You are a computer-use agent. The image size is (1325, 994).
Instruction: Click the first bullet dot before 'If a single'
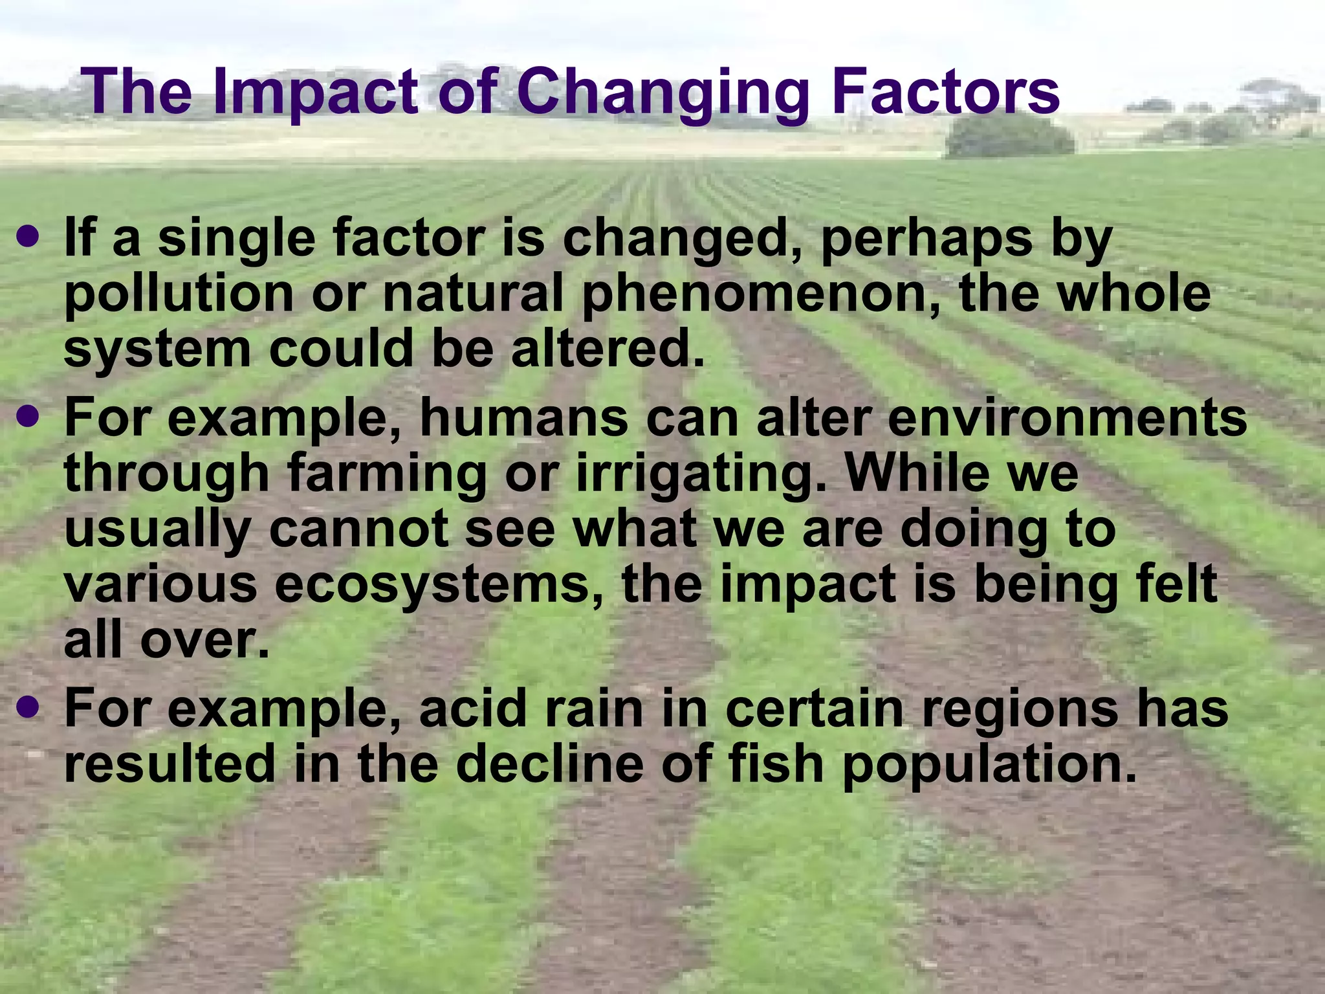click(x=28, y=237)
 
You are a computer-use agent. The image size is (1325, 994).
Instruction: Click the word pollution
click(x=179, y=295)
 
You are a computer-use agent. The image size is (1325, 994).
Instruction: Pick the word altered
click(x=607, y=349)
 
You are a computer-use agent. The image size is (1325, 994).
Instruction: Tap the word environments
click(x=1067, y=418)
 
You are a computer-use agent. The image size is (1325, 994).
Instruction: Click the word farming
click(x=386, y=474)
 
